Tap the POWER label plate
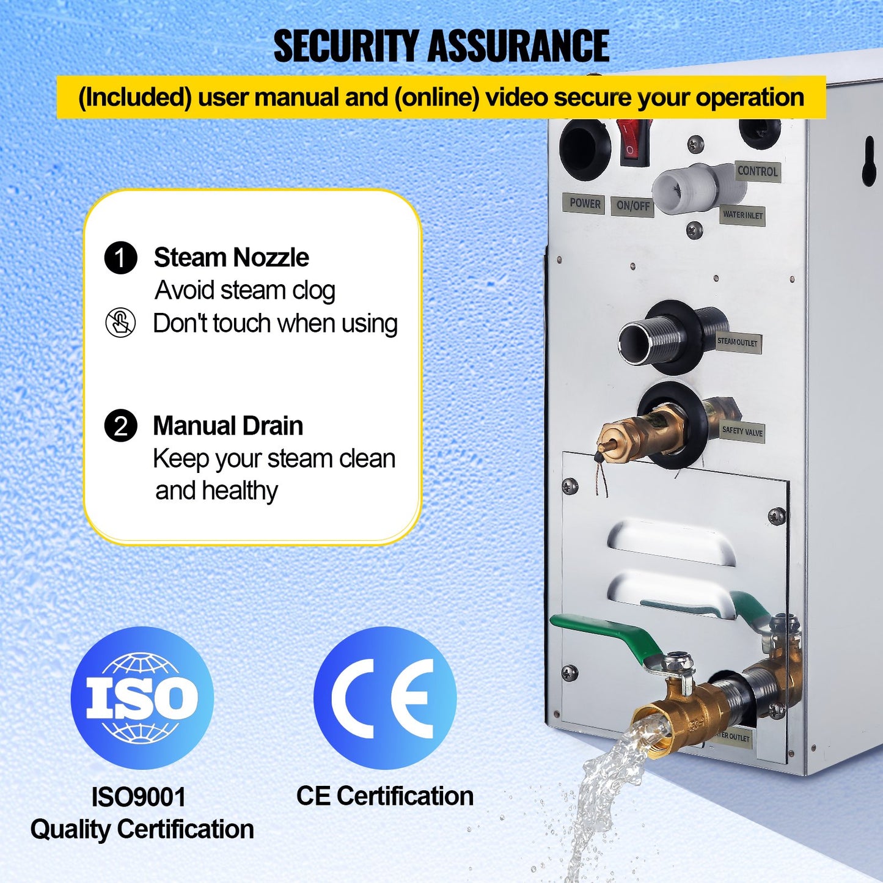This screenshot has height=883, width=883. pos(585,203)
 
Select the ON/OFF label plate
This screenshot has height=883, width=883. pos(632,205)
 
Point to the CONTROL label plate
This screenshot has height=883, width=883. pos(757,171)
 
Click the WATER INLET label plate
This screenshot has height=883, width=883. pos(742,215)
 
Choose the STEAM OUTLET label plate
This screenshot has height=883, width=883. pos(738,342)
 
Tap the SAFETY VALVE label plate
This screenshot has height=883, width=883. pos(742,431)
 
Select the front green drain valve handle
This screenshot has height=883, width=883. pos(605,636)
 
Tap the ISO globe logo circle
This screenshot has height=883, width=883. pos(142,697)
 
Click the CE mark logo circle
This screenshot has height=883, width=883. pos(384,697)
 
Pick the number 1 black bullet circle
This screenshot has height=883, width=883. pos(121,258)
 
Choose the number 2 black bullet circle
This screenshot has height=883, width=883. pos(121,426)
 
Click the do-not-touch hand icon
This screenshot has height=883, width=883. pos(120,323)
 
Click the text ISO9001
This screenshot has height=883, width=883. pos(138,797)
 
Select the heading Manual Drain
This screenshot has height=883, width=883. pos(228,426)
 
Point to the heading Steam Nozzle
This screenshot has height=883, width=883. pos(231,258)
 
